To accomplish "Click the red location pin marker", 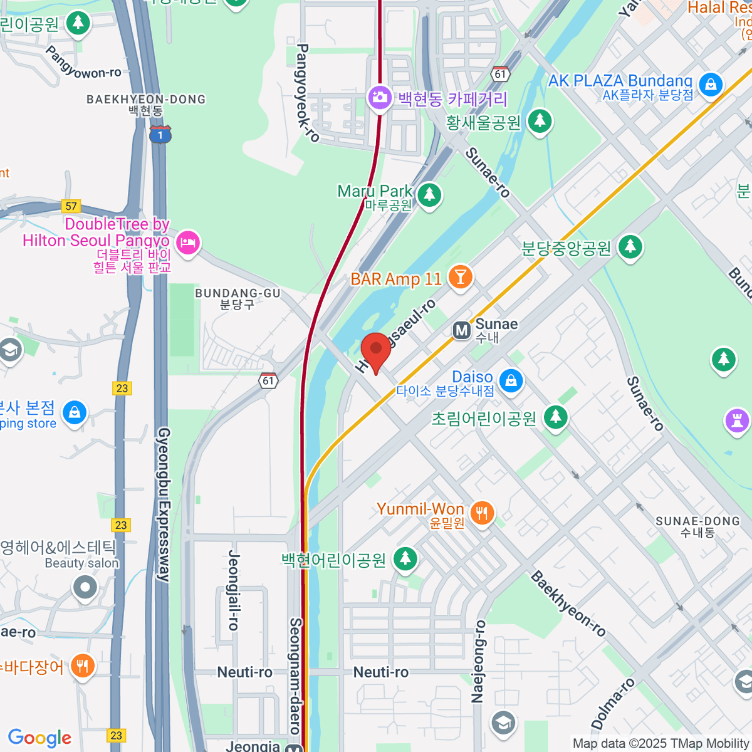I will pyautogui.click(x=376, y=350).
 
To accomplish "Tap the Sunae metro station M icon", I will pyautogui.click(x=462, y=330).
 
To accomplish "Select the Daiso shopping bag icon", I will pyautogui.click(x=511, y=380).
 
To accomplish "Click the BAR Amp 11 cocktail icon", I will pyautogui.click(x=461, y=277).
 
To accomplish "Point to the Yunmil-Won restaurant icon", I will pyautogui.click(x=481, y=514).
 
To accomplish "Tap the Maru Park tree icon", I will pyautogui.click(x=429, y=195).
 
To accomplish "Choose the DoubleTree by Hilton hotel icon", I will pyautogui.click(x=187, y=242).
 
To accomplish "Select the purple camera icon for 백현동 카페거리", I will pyautogui.click(x=379, y=98).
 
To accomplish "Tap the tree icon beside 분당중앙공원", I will pyautogui.click(x=630, y=246).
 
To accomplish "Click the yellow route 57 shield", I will pyautogui.click(x=71, y=206).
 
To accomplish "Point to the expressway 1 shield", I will pyautogui.click(x=160, y=134).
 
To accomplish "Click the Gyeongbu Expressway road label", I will pyautogui.click(x=164, y=504).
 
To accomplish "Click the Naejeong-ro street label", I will pyautogui.click(x=479, y=661).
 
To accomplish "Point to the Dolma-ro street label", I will pyautogui.click(x=613, y=703).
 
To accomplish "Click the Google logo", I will pyautogui.click(x=39, y=738).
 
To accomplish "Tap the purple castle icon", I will pyautogui.click(x=737, y=420).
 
